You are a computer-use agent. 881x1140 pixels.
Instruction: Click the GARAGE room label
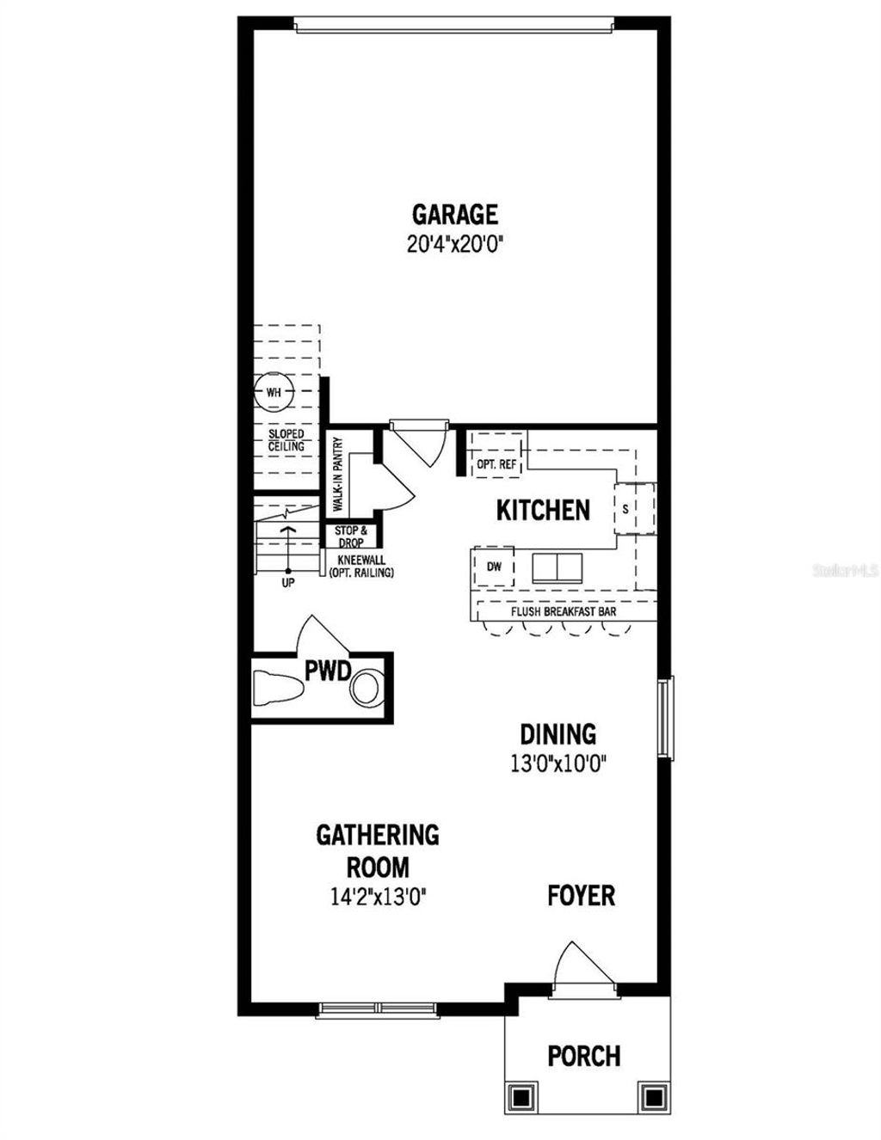(x=454, y=214)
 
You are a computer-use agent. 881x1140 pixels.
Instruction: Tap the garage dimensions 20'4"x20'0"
(x=454, y=244)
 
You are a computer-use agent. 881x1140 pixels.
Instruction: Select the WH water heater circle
(x=274, y=392)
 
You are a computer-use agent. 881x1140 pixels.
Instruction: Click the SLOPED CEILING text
(x=286, y=440)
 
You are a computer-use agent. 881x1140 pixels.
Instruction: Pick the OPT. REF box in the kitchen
(x=496, y=464)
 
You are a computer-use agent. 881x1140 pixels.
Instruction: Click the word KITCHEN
(x=543, y=510)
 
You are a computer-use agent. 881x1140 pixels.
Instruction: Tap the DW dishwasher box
(x=494, y=567)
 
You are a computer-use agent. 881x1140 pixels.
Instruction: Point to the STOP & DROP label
(x=351, y=536)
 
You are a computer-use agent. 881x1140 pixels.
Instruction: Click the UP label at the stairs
(x=288, y=583)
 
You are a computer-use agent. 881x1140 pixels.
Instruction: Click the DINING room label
(x=558, y=734)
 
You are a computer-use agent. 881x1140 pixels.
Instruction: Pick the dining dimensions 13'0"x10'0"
(x=558, y=763)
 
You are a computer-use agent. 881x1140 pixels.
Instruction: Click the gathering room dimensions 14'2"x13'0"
(x=378, y=897)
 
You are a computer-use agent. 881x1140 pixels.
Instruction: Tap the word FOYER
(x=582, y=896)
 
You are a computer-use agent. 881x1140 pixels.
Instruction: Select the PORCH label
(x=584, y=1055)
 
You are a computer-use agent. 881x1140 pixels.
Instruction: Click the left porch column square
(x=521, y=1097)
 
